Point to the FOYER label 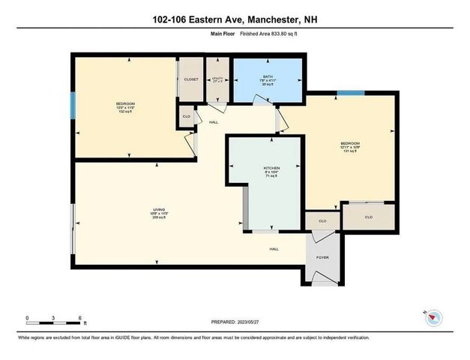coord(322,256)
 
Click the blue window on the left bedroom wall coord(72,105)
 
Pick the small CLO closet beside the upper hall coord(185,116)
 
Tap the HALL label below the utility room coord(214,121)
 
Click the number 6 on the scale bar coord(79,318)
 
